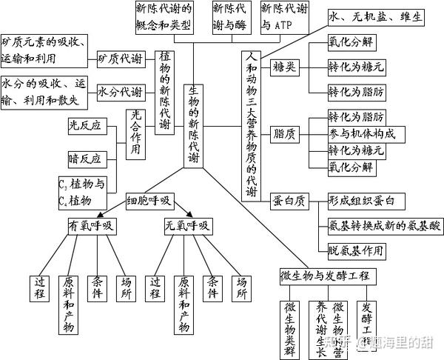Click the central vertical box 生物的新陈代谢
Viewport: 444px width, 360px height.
(193, 115)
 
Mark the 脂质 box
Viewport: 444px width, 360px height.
(284, 134)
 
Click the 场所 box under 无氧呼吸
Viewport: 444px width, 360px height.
(240, 287)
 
